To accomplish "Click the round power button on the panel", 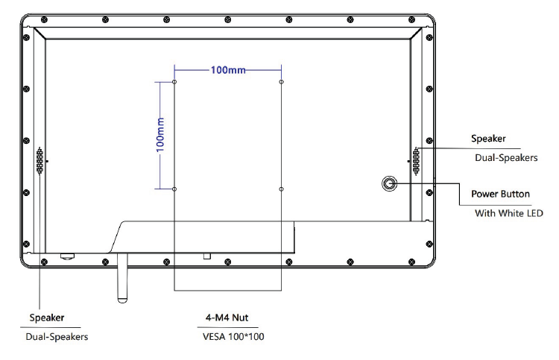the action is click(x=389, y=183).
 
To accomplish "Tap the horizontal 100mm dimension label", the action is click(x=228, y=70).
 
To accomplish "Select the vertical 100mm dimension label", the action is click(x=160, y=135).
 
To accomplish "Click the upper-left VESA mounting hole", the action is click(x=174, y=82).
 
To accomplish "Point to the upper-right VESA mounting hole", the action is click(x=281, y=82).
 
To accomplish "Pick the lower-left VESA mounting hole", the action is click(x=174, y=189).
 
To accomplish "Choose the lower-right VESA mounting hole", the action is click(x=281, y=189).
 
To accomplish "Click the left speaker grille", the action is click(x=40, y=161).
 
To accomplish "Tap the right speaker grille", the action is click(x=416, y=161).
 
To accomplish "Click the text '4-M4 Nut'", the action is click(x=227, y=318).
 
